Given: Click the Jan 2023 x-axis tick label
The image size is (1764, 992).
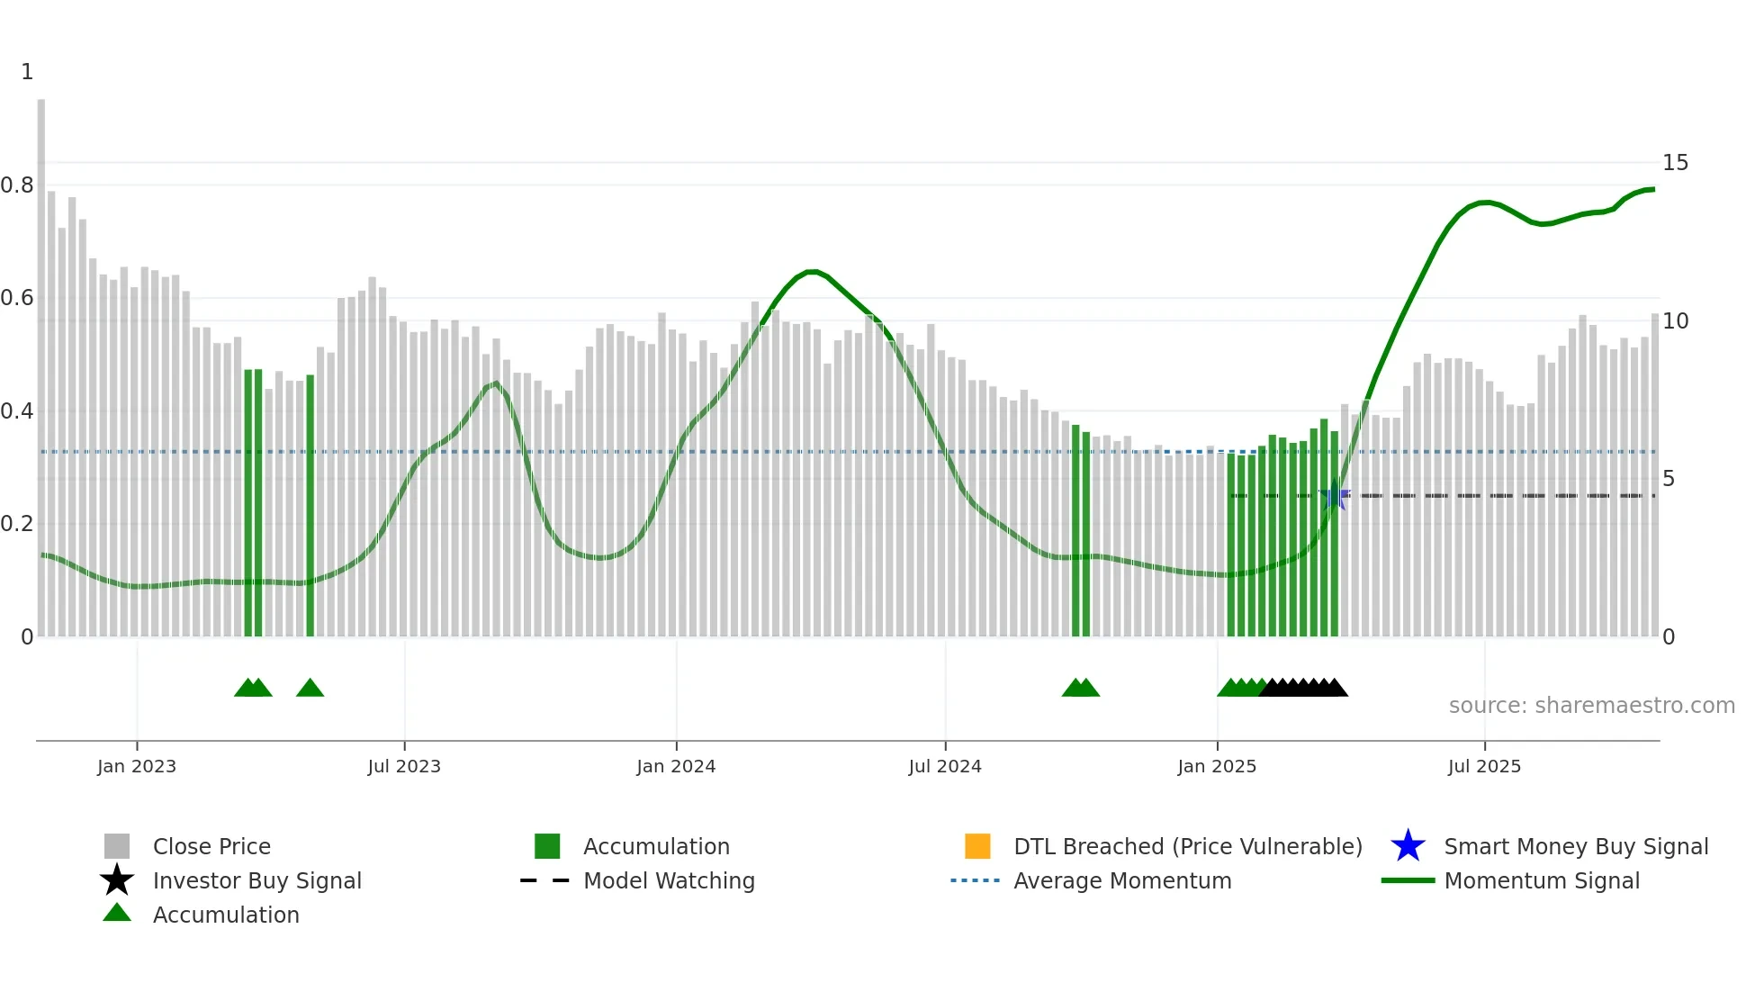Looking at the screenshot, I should click(x=137, y=766).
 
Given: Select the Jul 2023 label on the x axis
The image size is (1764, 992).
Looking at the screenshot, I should click(x=404, y=766).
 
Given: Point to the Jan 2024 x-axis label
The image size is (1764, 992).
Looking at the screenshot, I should click(x=676, y=766).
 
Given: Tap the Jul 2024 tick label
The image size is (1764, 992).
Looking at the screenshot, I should click(x=945, y=766).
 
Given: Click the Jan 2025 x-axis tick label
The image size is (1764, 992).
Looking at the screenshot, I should click(x=1217, y=766).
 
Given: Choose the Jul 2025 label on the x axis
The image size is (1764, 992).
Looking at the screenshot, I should click(x=1484, y=766).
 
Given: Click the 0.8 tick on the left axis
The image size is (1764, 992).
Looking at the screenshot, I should click(x=17, y=185).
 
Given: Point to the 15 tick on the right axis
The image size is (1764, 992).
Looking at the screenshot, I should click(x=1675, y=163).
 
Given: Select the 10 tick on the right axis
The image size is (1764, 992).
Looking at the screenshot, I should click(x=1675, y=321).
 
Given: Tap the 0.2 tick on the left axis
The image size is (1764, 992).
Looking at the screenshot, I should click(x=17, y=524).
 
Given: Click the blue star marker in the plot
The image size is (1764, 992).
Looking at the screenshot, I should click(x=1334, y=496).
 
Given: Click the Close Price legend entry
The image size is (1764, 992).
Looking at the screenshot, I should click(x=211, y=846).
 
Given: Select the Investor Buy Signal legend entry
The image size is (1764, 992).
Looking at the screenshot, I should click(x=256, y=880).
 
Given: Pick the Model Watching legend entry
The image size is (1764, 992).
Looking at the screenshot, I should click(x=669, y=880).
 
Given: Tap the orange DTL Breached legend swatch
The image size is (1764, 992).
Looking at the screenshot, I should click(x=977, y=846).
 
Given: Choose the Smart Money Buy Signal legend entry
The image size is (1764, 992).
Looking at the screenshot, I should click(x=1575, y=846).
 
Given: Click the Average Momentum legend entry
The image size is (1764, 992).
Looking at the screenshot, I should click(x=1121, y=880).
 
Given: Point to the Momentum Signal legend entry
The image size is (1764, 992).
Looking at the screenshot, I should click(x=1541, y=880).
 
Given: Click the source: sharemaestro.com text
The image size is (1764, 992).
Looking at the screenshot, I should click(x=1591, y=706).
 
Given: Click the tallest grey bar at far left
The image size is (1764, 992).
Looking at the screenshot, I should click(x=41, y=360).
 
